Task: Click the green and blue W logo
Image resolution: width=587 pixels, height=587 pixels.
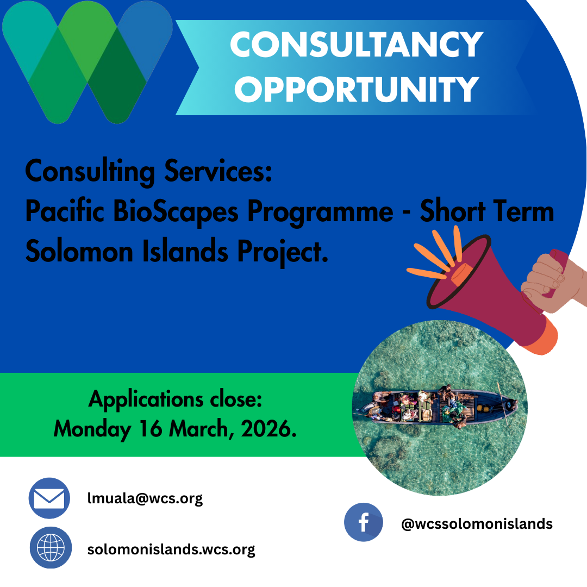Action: click(x=87, y=62)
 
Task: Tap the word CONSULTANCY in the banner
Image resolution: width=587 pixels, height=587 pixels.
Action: click(x=357, y=45)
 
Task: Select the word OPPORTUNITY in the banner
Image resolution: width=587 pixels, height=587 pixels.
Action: click(x=357, y=89)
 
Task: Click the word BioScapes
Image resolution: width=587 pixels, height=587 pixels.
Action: click(x=176, y=211)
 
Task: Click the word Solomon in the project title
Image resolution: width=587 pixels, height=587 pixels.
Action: click(x=79, y=251)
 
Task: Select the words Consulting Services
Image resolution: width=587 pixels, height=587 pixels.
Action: click(x=148, y=172)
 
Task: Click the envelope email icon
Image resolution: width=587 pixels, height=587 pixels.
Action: click(x=49, y=498)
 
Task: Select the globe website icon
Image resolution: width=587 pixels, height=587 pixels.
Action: click(x=51, y=548)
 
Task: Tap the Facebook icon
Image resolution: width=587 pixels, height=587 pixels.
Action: click(x=364, y=522)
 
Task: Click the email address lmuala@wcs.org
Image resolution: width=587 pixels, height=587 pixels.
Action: click(x=145, y=498)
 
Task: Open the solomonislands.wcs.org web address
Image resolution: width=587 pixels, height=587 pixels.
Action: click(x=171, y=549)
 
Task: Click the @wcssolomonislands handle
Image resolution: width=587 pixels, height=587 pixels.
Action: click(x=477, y=524)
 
